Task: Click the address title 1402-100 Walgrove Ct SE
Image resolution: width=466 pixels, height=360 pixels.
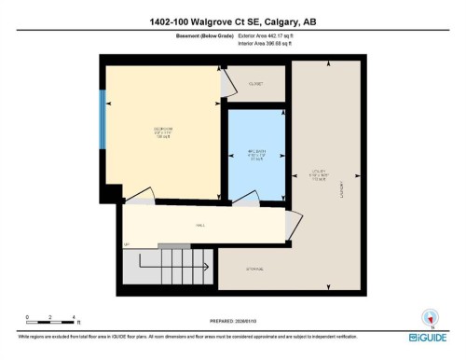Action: [x=232, y=22]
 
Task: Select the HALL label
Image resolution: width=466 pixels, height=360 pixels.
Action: [x=199, y=225]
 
